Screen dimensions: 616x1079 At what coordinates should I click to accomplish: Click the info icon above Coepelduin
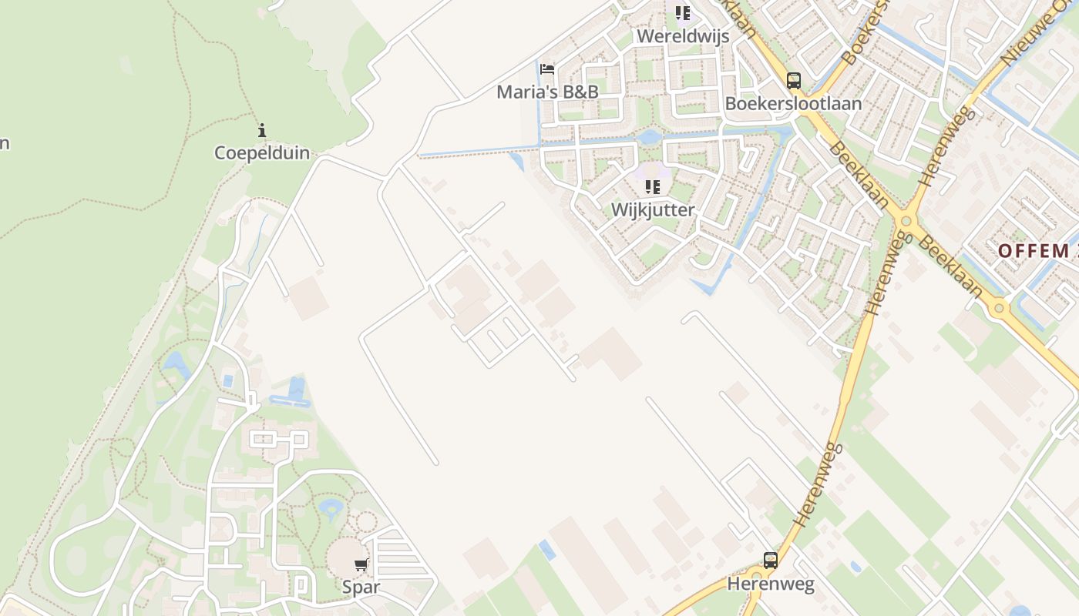[262, 130]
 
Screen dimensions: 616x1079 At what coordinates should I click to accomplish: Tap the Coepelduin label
[262, 152]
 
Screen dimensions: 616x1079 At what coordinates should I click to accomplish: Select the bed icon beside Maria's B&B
[547, 69]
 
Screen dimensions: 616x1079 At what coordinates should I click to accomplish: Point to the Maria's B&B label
[547, 92]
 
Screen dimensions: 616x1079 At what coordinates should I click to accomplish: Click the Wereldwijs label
[682, 36]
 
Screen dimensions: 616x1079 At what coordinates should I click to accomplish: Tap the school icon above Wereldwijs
[682, 13]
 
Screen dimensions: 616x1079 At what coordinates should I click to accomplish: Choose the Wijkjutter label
[653, 209]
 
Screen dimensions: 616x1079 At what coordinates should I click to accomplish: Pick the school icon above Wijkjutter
[653, 186]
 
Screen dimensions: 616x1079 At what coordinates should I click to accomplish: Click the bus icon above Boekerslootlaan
[793, 80]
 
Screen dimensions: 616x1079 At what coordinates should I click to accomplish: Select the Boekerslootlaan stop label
[793, 103]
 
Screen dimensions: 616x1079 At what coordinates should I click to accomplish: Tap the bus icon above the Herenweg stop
[770, 561]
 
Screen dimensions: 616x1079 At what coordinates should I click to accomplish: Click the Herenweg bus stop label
[770, 584]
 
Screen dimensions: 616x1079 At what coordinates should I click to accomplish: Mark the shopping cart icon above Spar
[361, 564]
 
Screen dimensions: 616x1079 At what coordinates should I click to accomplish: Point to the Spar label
[361, 587]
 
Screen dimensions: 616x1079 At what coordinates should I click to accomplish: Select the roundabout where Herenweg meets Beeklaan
[906, 222]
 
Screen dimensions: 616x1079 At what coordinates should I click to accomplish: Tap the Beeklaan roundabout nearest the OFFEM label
[1000, 309]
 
